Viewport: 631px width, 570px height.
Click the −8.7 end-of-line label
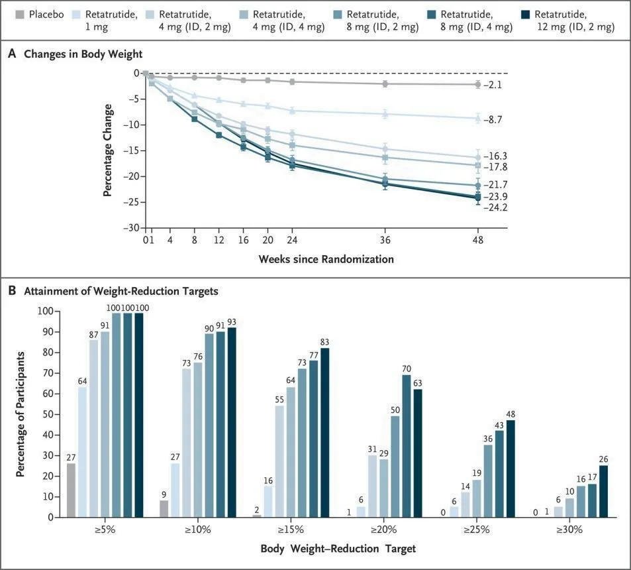494,120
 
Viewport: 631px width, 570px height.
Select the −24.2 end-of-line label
494,207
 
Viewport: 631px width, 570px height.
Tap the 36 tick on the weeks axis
385,239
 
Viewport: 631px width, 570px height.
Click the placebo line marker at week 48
478,84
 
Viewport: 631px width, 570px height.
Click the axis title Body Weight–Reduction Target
338,549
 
